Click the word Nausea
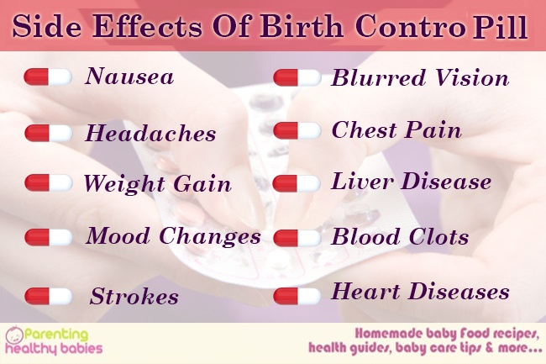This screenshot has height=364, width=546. [x=129, y=76]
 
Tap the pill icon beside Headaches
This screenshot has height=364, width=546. [x=49, y=133]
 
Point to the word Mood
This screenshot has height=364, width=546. [x=118, y=236]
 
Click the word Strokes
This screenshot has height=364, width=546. [x=134, y=297]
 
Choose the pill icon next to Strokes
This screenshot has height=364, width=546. [x=49, y=296]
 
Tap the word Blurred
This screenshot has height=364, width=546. [x=378, y=77]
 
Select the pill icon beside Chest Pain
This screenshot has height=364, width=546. [x=297, y=130]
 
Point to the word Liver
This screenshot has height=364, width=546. [x=362, y=181]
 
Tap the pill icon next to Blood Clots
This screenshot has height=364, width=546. [x=297, y=238]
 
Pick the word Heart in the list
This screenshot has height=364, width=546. [x=365, y=291]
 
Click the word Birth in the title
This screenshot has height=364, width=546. [x=302, y=26]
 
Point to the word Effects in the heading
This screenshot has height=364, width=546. [x=147, y=26]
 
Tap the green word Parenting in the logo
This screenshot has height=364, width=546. [x=56, y=335]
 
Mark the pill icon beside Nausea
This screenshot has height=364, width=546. [x=48, y=77]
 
